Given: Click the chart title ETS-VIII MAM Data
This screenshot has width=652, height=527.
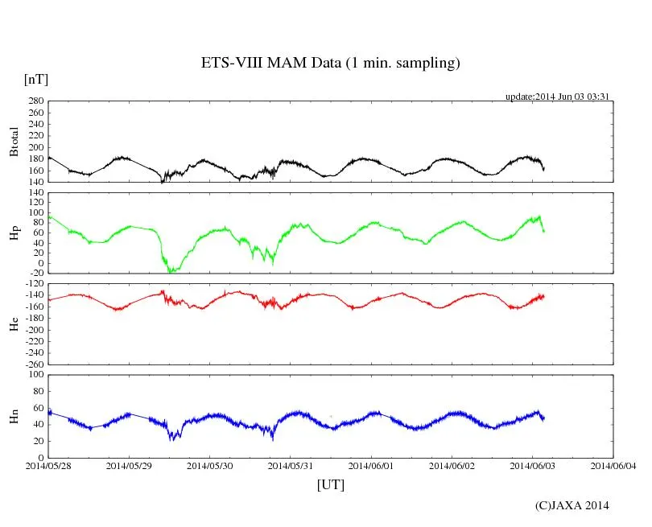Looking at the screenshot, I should tap(330, 64).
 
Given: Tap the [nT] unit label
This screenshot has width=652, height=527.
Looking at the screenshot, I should tap(35, 79).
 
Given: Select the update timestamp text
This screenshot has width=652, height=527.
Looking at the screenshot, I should tap(556, 97).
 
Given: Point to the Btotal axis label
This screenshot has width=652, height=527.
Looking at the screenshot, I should tap(14, 141).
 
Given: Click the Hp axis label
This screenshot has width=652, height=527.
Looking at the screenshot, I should tap(14, 233).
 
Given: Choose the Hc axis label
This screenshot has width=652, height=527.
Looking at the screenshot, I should tap(14, 323).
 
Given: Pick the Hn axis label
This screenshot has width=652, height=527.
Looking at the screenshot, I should tap(14, 416).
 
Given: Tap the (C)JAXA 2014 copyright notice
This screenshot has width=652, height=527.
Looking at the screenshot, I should tap(572, 505).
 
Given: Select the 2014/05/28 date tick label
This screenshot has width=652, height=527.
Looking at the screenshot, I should tap(48, 466).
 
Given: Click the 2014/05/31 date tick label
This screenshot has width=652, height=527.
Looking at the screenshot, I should tap(290, 466).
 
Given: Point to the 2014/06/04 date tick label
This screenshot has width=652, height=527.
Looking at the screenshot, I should tap(613, 466).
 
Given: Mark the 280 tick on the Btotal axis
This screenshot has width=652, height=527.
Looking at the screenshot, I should tap(35, 101).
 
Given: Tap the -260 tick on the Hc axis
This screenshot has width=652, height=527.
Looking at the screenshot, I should tap(33, 364).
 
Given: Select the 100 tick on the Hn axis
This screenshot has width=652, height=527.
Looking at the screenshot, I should tap(35, 374).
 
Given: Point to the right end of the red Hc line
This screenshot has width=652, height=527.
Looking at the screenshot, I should tap(544, 296).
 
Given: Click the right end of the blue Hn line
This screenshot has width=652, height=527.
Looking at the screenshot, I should tap(544, 418).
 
